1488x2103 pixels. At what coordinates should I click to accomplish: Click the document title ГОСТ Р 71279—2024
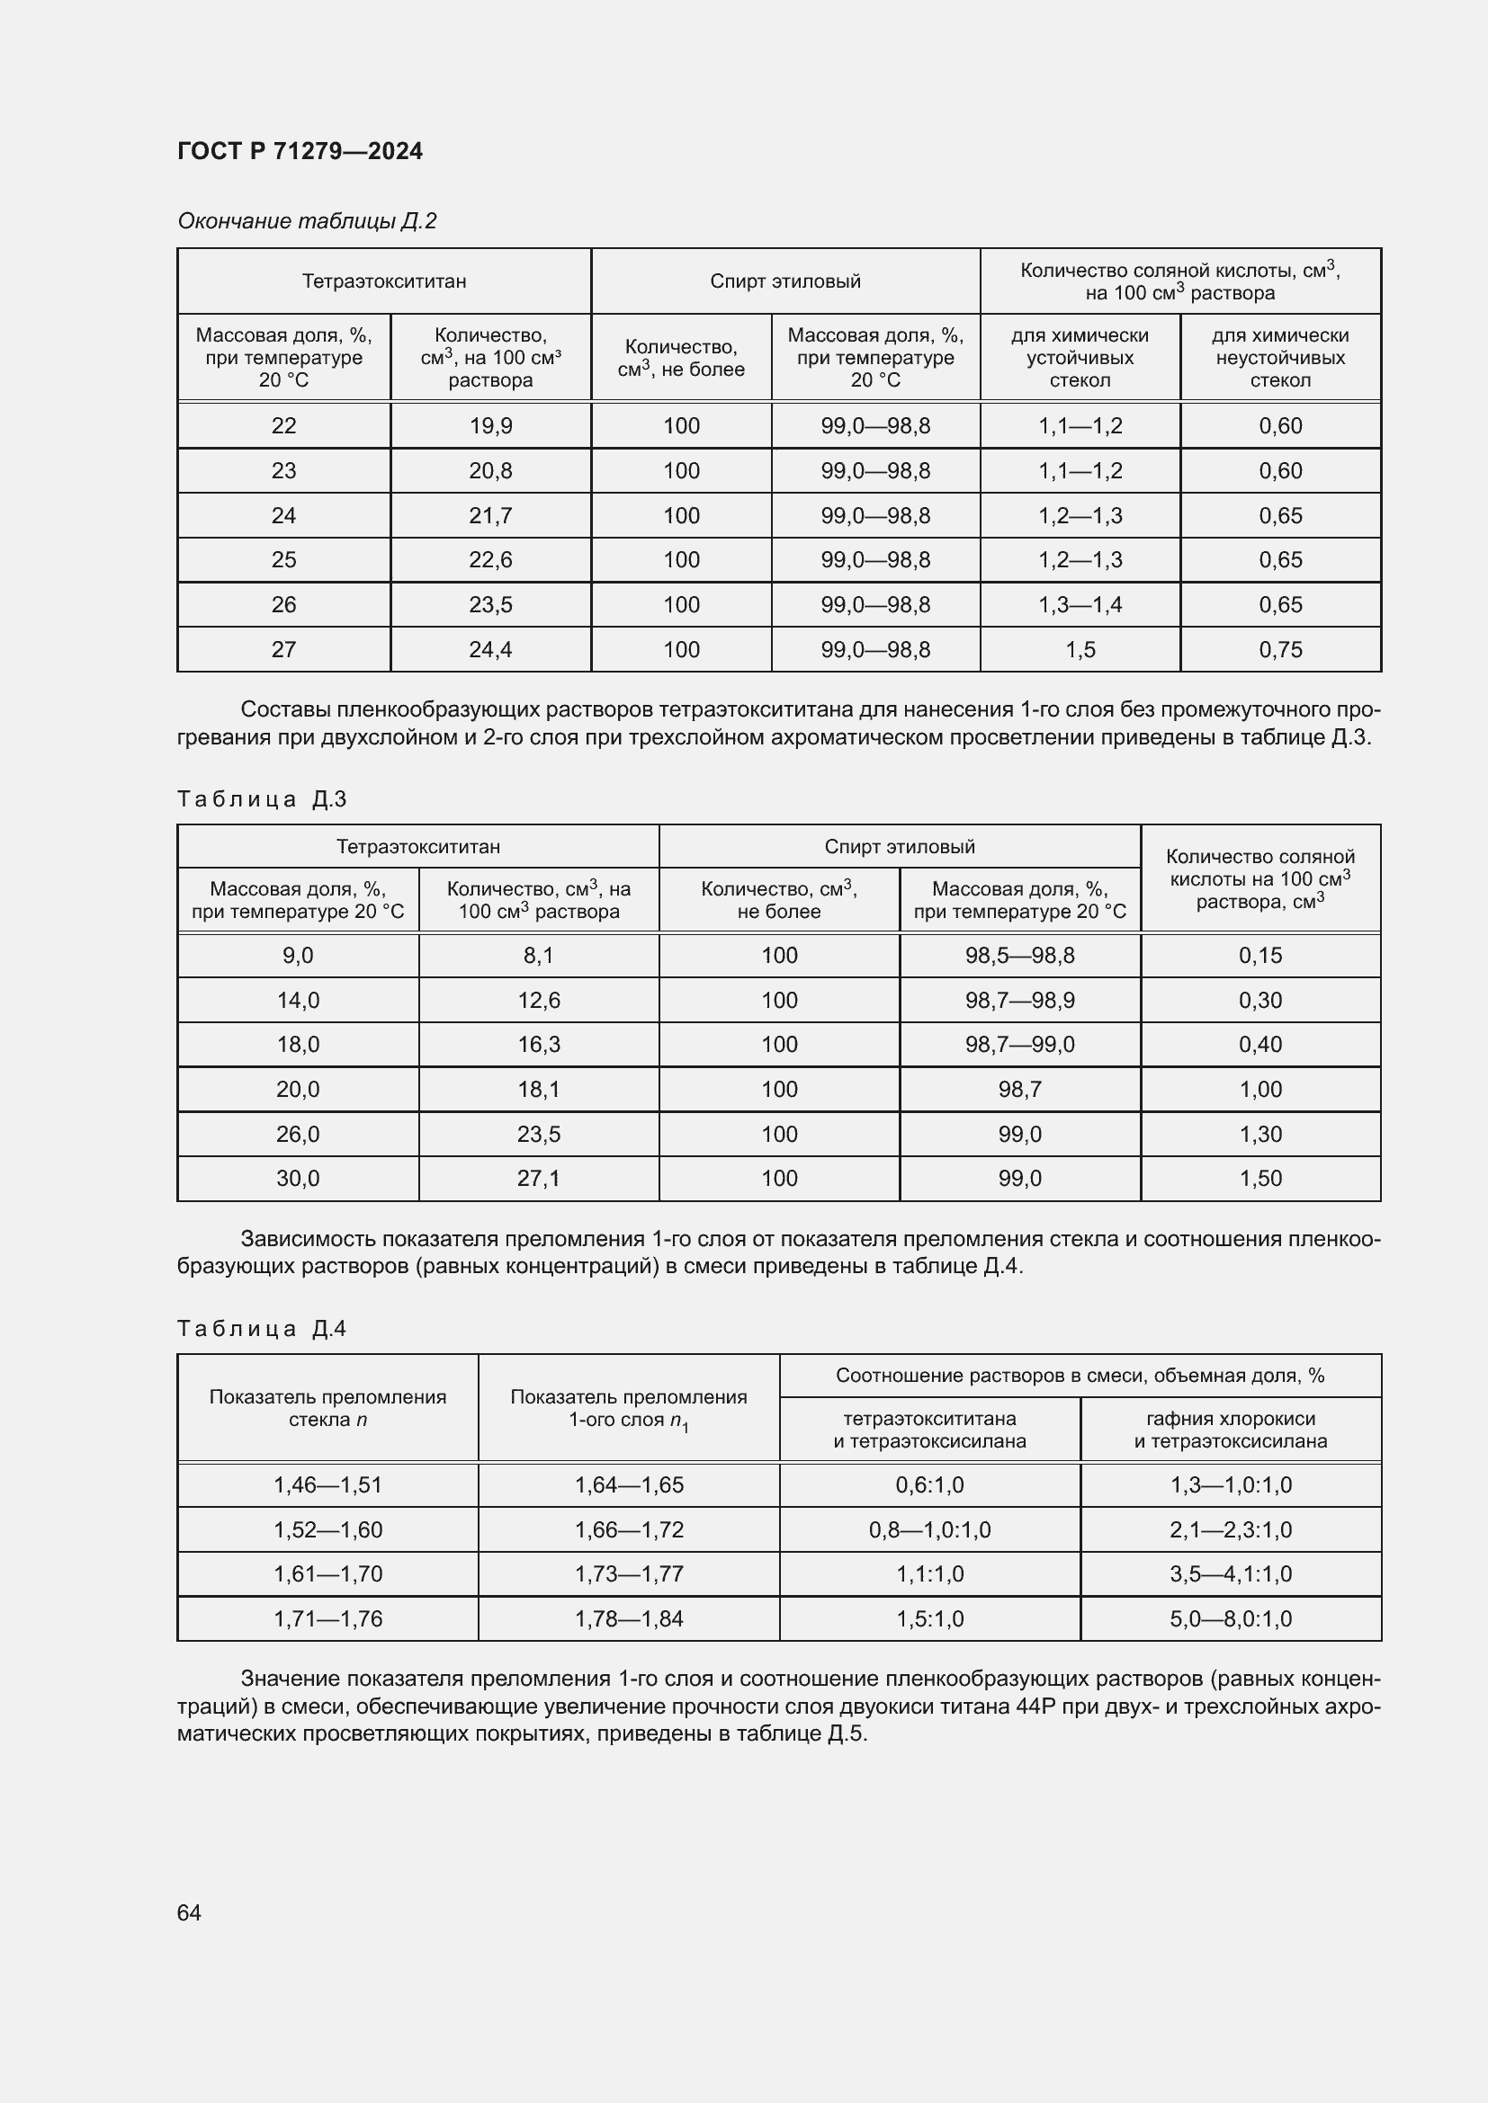pos(300,151)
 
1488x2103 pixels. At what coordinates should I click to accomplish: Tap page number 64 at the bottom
pos(189,1912)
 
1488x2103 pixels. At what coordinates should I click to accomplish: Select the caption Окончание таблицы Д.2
pos(307,221)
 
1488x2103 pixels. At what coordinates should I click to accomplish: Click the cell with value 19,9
pos(490,426)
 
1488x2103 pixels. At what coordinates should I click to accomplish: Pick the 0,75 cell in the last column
pos(1280,649)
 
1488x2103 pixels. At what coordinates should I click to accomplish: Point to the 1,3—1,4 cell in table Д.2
pos(1080,604)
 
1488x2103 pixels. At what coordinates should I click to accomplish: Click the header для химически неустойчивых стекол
pos(1280,358)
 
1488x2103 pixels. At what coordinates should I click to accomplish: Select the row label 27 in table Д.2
pos(283,649)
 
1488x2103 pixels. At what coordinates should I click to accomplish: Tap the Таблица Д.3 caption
pos(262,799)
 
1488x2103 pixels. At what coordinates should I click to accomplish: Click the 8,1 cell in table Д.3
pos(539,956)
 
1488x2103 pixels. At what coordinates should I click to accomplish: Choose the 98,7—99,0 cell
pos(1020,1044)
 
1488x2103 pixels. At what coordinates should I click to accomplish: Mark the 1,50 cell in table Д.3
pos(1259,1178)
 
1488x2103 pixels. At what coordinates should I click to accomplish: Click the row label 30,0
pos(298,1178)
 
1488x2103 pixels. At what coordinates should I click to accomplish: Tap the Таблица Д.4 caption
pos(262,1329)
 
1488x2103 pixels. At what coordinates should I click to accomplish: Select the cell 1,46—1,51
pos(327,1484)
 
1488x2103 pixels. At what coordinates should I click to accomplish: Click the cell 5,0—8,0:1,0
pos(1231,1618)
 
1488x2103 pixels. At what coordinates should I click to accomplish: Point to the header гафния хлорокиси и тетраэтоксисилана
pos(1231,1430)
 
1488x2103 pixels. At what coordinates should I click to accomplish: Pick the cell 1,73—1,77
pos(629,1573)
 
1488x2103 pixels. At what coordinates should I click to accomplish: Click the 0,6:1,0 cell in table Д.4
pos(929,1484)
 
